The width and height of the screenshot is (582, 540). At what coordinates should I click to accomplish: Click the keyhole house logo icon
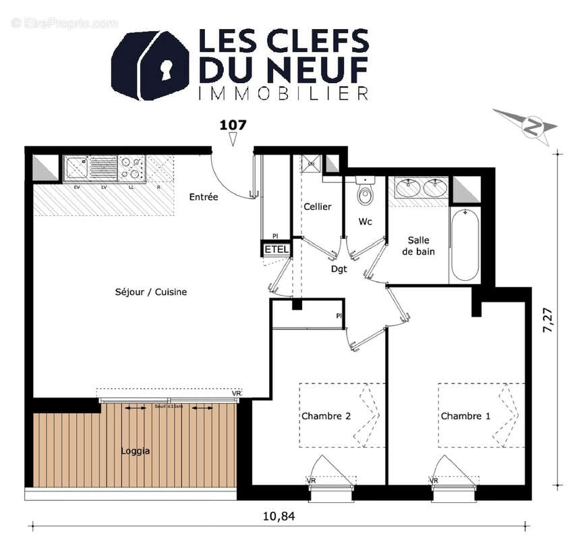click(149, 65)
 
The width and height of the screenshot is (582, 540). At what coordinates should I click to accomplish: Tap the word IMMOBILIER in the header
click(283, 93)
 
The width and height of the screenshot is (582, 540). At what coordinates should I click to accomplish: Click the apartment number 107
click(233, 125)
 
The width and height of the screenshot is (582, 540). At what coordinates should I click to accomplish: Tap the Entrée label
click(203, 197)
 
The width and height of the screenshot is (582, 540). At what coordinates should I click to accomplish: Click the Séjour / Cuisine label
click(150, 292)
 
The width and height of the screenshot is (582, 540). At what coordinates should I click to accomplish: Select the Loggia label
click(135, 451)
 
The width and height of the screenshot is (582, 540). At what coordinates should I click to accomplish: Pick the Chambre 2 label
click(326, 416)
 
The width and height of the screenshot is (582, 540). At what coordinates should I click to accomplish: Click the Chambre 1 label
click(465, 416)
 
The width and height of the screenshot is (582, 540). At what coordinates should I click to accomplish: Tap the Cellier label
click(317, 207)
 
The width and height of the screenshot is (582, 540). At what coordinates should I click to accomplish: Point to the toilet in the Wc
click(365, 193)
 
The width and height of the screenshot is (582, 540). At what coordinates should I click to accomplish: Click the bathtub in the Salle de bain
click(465, 244)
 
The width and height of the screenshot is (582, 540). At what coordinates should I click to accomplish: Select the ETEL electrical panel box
click(277, 249)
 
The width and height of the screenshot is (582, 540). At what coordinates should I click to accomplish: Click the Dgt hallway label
click(339, 269)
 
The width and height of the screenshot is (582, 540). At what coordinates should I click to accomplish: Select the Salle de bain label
click(418, 246)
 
